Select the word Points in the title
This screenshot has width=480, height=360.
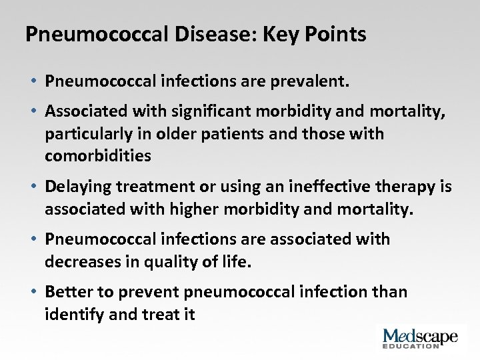coord(336,34)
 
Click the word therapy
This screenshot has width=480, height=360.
coord(405,187)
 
